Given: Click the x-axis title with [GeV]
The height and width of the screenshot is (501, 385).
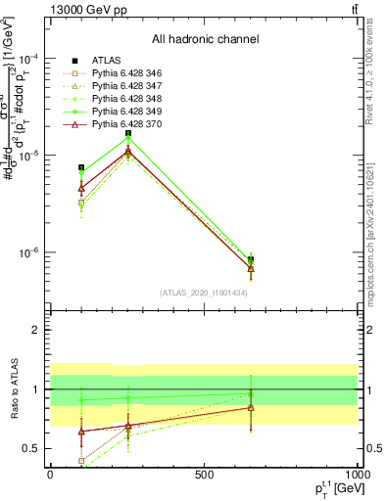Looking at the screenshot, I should point(333,488).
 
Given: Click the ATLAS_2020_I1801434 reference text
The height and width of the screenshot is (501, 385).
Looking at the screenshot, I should point(205,293).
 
